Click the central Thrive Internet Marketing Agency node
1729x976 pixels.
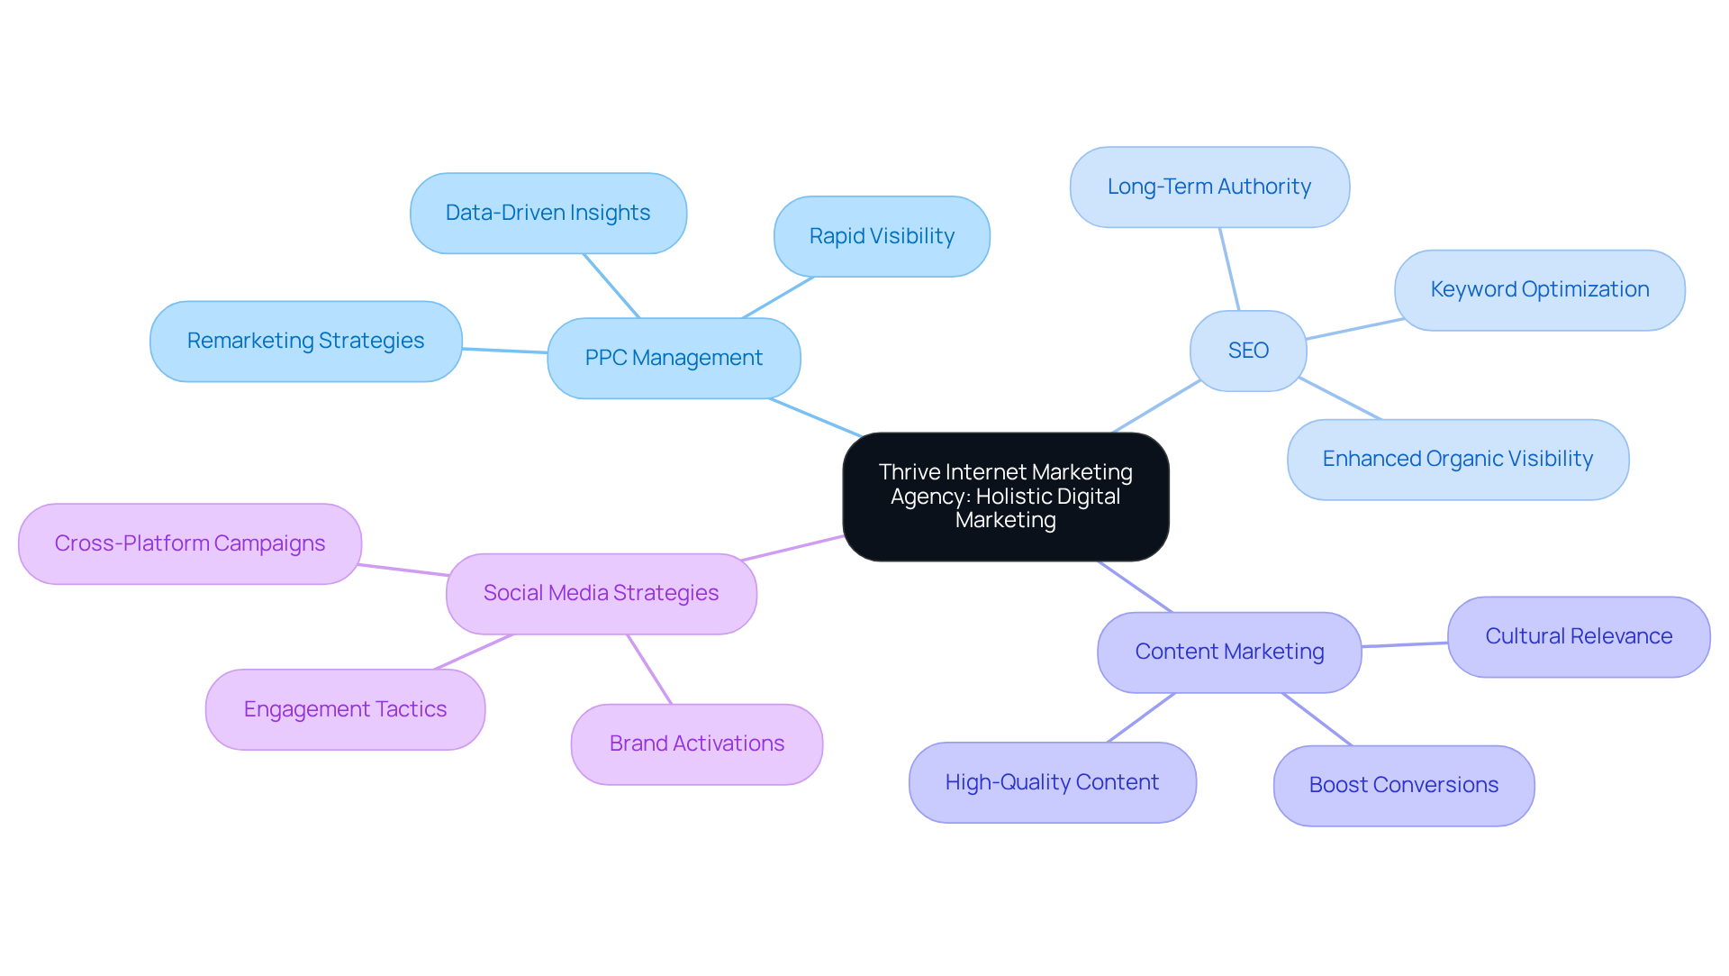point(1005,497)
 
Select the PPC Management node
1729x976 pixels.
point(674,358)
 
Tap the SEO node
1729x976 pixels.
point(1248,351)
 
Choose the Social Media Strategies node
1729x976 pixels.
point(601,593)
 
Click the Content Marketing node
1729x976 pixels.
point(1229,652)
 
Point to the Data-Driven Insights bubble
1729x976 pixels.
point(548,213)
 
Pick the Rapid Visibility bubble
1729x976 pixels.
point(882,236)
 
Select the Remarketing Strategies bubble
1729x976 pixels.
point(305,341)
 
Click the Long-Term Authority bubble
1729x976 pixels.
point(1209,187)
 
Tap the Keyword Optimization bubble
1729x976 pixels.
point(1539,289)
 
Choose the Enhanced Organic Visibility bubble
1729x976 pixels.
point(1457,459)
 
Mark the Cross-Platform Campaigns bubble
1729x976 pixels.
point(189,543)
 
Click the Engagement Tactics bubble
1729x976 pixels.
point(345,709)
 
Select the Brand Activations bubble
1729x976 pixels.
point(696,743)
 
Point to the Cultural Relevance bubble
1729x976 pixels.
point(1578,636)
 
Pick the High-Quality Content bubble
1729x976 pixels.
point(1052,782)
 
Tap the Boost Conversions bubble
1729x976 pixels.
point(1403,785)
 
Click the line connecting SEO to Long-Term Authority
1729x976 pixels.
point(1229,269)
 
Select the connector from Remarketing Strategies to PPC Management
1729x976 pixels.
point(504,351)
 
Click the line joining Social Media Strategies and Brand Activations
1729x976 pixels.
point(649,669)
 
